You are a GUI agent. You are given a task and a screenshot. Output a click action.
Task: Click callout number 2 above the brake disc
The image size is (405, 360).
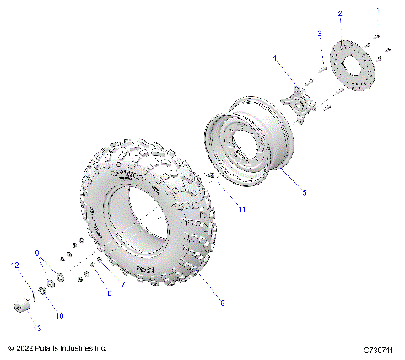tap(340, 14)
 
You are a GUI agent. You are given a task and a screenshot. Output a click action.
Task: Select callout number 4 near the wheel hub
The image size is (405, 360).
tap(274, 57)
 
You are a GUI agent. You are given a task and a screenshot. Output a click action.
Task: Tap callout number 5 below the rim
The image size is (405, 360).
tap(304, 192)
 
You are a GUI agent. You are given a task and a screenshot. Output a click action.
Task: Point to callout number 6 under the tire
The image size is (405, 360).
tap(222, 302)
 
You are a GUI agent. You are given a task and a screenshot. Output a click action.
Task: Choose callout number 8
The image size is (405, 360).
tap(108, 293)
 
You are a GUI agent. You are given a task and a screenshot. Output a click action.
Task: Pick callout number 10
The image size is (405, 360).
tap(59, 315)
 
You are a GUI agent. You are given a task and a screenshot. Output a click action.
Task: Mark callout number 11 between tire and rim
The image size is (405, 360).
tap(240, 208)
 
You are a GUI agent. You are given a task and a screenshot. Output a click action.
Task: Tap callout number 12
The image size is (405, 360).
tap(13, 265)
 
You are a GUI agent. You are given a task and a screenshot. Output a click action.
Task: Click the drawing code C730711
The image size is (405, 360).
tap(380, 348)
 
